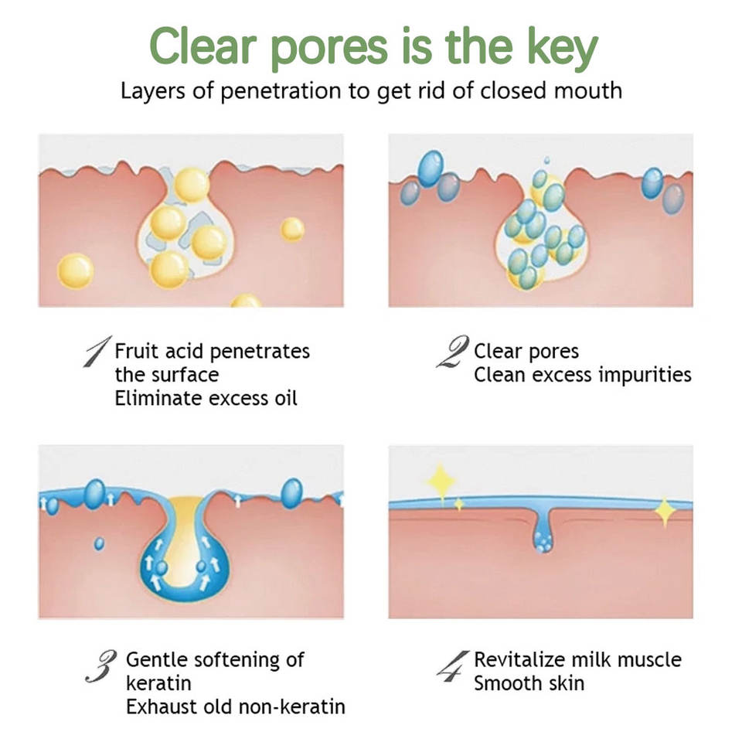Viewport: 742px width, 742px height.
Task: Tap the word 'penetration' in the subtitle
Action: tap(281, 91)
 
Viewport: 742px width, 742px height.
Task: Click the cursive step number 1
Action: tap(98, 352)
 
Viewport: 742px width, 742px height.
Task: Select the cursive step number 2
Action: tap(453, 352)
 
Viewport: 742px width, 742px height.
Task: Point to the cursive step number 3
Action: tap(101, 666)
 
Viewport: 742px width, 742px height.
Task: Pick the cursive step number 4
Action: tap(453, 665)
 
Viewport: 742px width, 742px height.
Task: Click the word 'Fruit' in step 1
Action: tap(136, 351)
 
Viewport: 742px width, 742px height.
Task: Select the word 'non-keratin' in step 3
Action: tap(291, 706)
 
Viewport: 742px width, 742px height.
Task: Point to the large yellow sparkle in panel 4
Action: tap(441, 480)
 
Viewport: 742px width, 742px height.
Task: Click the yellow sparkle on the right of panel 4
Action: tap(665, 511)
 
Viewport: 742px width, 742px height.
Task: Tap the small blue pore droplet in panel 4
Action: tap(543, 541)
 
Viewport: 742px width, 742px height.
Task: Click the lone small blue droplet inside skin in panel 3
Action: tap(99, 543)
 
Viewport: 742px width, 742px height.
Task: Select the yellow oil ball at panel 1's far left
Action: tap(75, 271)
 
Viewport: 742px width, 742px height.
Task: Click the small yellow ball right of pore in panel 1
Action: tap(292, 229)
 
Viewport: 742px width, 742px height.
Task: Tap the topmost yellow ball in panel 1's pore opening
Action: tap(192, 185)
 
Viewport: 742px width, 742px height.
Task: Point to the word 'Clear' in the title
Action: tap(203, 46)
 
